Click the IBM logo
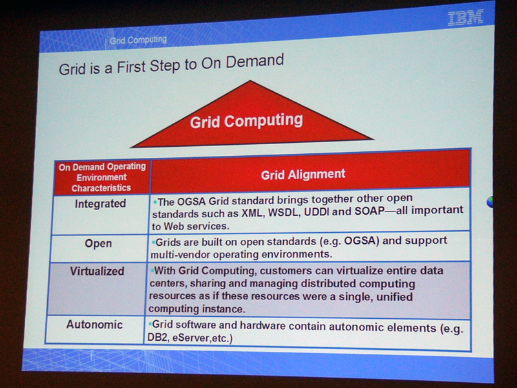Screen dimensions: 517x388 (x=465, y=17)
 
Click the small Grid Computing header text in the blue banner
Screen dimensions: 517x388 (x=138, y=40)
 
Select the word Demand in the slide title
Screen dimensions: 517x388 (x=255, y=61)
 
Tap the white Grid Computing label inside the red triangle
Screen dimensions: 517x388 (x=246, y=121)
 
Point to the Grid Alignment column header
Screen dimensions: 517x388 (x=303, y=174)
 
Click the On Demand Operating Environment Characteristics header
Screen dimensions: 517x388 (x=102, y=177)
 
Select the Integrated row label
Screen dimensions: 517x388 (x=100, y=204)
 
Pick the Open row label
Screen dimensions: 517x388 (x=98, y=244)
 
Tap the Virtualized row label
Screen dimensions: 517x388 (x=98, y=271)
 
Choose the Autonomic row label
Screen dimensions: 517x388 (x=94, y=325)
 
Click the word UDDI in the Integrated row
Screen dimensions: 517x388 (x=317, y=211)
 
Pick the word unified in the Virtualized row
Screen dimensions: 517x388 (x=394, y=297)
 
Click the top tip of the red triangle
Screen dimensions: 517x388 (x=250, y=80)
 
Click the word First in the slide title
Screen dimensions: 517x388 (x=131, y=67)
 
